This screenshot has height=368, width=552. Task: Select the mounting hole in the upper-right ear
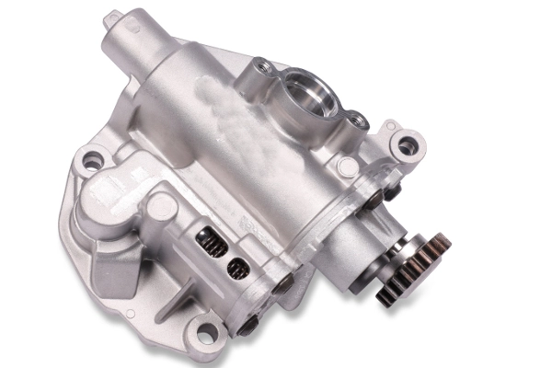click(x=406, y=144)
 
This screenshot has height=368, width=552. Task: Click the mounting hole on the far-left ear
click(x=92, y=162)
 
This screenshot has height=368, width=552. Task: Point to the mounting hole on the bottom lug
click(x=205, y=332)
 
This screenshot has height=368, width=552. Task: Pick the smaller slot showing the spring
click(x=236, y=268)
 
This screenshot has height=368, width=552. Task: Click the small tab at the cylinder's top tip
click(x=113, y=17)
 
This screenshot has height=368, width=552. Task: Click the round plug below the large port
click(x=347, y=167)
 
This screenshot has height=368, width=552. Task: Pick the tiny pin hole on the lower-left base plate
click(x=130, y=314)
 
